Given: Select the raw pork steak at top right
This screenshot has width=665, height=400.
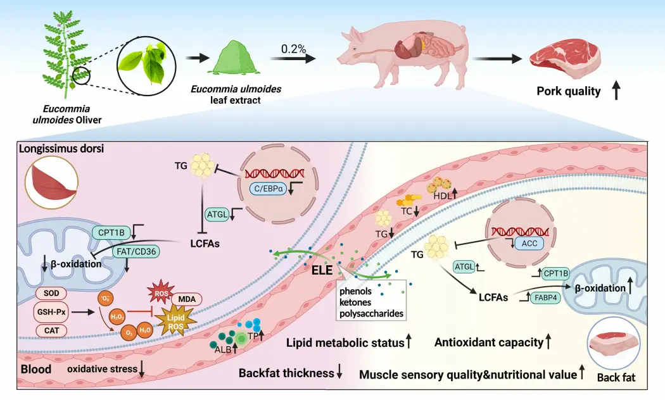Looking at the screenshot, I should coord(564,56).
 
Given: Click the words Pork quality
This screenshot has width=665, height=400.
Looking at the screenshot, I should coord(568,91).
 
